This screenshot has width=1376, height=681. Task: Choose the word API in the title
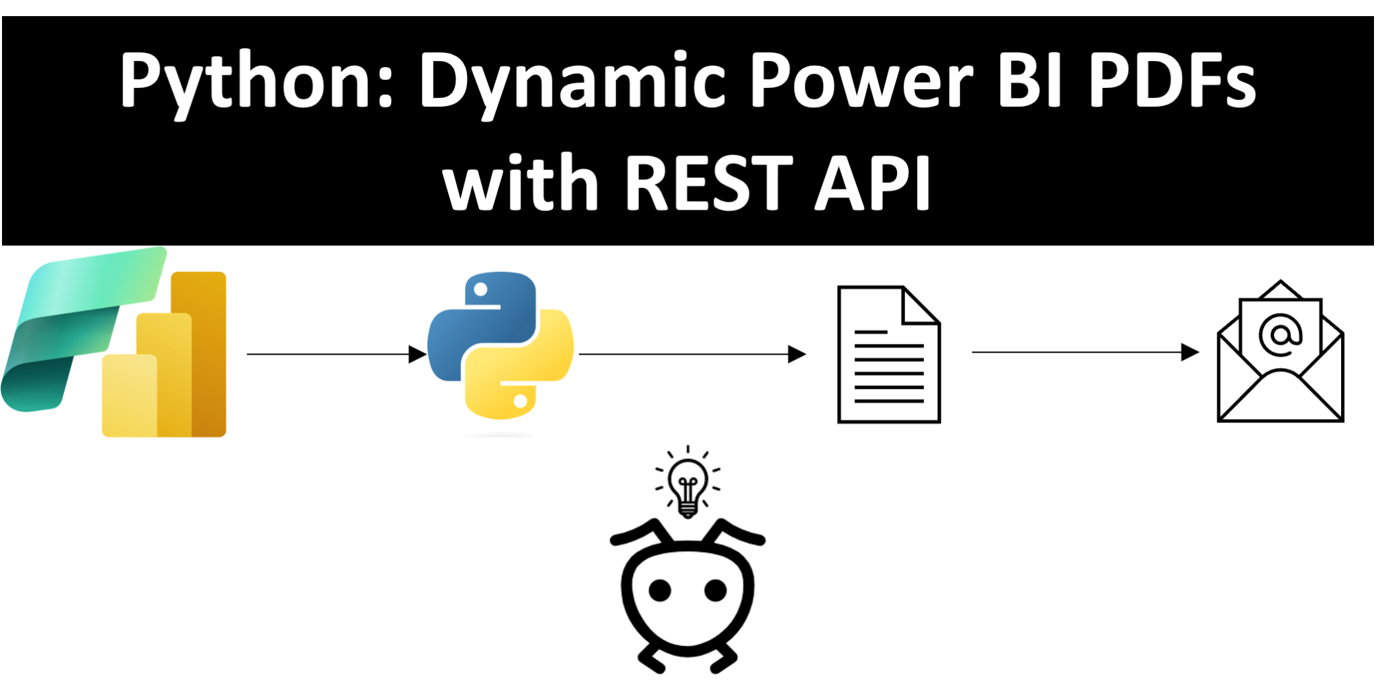point(873,182)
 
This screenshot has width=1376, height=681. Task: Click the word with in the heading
point(520,181)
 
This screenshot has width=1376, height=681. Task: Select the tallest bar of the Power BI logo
point(199,354)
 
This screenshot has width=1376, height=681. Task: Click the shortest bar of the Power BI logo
point(129,396)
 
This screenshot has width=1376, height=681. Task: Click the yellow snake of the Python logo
point(521,366)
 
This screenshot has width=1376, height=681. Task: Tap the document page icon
point(889,355)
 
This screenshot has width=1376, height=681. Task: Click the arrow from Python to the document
point(693,354)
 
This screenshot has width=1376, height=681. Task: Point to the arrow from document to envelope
point(1086,352)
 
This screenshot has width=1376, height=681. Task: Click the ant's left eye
point(660,590)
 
